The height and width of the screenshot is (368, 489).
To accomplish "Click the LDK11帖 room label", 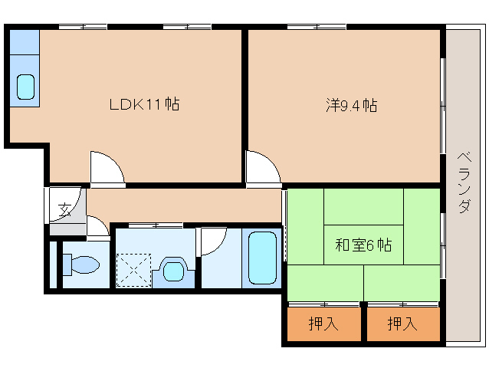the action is pyautogui.click(x=144, y=104).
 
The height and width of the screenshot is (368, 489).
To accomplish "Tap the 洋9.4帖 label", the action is pyautogui.click(x=352, y=105).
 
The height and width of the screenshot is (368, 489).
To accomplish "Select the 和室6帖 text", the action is pyautogui.click(x=363, y=245).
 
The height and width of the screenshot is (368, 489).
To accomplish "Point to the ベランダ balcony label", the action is pyautogui.click(x=464, y=182).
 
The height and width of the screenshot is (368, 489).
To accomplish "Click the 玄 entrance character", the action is pyautogui.click(x=65, y=209).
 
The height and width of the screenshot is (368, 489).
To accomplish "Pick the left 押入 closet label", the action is pyautogui.click(x=323, y=324).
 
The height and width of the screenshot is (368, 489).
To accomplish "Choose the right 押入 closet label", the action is pyautogui.click(x=402, y=324).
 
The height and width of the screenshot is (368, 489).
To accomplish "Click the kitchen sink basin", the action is pyautogui.click(x=25, y=87).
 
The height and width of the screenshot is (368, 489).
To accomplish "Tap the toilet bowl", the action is pyautogui.click(x=85, y=264).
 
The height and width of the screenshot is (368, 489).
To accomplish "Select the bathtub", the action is pyautogui.click(x=262, y=258).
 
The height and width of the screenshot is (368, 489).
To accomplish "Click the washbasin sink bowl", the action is pyautogui.click(x=173, y=271).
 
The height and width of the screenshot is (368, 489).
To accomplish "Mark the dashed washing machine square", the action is pyautogui.click(x=133, y=270).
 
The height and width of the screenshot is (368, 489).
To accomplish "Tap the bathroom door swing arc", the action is pyautogui.click(x=219, y=246).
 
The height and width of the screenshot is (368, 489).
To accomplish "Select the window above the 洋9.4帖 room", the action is pyautogui.click(x=317, y=27).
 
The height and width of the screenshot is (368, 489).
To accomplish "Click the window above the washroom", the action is pyautogui.click(x=156, y=225).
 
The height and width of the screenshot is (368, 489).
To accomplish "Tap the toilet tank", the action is pyautogui.click(x=67, y=264).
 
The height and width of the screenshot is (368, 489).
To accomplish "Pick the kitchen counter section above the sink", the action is pyautogui.click(x=25, y=42).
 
